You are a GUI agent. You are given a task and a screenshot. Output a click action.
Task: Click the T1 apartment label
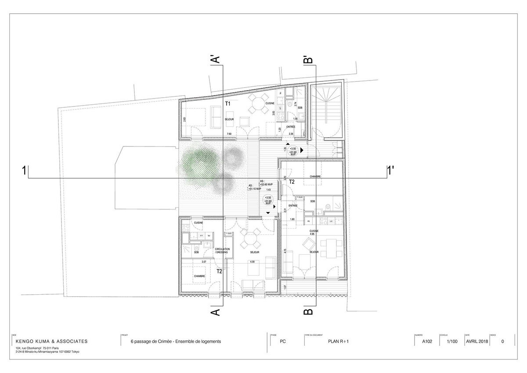click(x=227, y=104)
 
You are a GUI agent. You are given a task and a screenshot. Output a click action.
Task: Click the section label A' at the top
click(x=216, y=59)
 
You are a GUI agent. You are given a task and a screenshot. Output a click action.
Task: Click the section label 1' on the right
click(x=390, y=171)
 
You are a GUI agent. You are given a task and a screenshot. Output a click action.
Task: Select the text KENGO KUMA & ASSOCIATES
click(x=51, y=341)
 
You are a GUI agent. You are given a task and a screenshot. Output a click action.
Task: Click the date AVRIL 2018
click(x=476, y=341)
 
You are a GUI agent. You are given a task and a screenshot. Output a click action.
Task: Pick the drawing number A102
click(x=428, y=341)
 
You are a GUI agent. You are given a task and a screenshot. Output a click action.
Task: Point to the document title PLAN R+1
click(x=339, y=341)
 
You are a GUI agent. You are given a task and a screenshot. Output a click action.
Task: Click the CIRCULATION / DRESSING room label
click(x=223, y=251)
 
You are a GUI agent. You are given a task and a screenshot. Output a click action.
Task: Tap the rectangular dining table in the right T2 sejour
click(x=331, y=248)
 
